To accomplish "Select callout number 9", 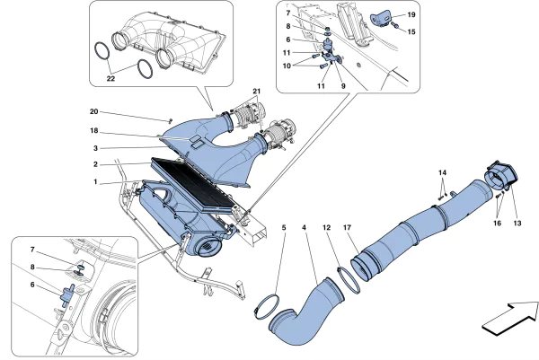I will [x=342, y=85].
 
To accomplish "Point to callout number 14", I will [x=441, y=171].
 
